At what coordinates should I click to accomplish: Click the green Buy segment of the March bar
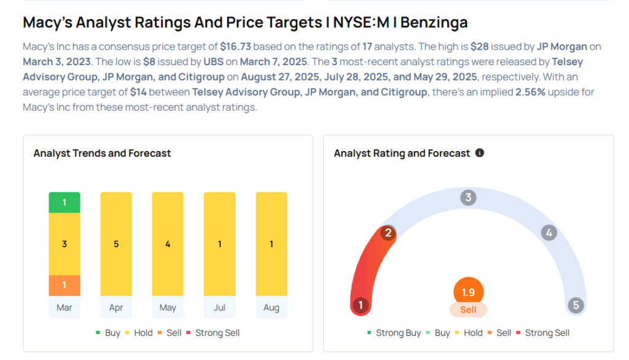(64, 203)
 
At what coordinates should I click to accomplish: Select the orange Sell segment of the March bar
(64, 285)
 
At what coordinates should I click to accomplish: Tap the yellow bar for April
(116, 244)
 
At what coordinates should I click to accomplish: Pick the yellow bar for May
(168, 244)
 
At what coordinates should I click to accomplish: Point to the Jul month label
(219, 307)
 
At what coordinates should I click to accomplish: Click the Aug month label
(271, 307)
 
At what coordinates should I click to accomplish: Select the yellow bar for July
(219, 244)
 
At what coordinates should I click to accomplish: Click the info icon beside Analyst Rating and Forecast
(479, 153)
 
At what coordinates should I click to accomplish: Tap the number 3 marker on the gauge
(468, 197)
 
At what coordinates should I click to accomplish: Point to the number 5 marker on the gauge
(576, 305)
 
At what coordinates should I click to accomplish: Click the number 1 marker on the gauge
(361, 305)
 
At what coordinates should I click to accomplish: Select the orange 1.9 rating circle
(468, 292)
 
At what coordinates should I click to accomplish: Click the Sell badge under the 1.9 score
(468, 310)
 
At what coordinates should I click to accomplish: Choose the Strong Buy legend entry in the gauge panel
(394, 333)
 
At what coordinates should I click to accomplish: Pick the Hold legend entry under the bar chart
(139, 333)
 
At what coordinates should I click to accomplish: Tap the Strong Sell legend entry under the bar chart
(213, 333)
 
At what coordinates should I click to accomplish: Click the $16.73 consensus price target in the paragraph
(235, 47)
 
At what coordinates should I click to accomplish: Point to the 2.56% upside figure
(530, 92)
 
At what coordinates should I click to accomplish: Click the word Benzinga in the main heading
(434, 23)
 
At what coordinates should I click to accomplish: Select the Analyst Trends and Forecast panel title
(103, 154)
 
